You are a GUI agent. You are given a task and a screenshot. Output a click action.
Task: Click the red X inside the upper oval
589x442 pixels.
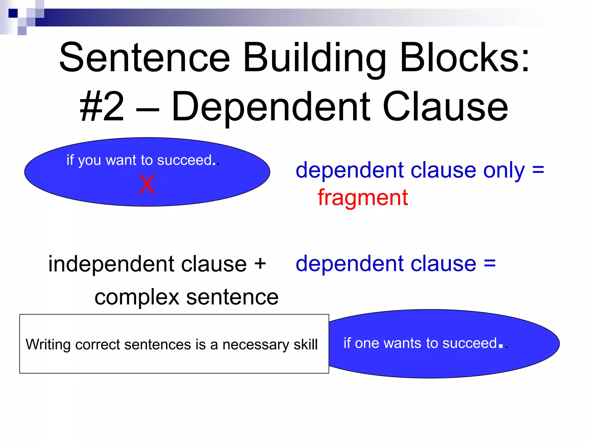click(147, 184)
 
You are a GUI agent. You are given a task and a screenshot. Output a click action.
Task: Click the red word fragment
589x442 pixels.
click(363, 198)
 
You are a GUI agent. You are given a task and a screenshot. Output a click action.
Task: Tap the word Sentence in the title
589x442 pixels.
click(145, 57)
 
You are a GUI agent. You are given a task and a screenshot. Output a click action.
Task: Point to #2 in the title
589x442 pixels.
click(102, 106)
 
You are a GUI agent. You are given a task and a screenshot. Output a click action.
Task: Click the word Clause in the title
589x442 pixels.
click(445, 106)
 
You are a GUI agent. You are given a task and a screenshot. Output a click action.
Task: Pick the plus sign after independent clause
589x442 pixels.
click(260, 263)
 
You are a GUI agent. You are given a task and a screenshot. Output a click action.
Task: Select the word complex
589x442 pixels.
click(137, 297)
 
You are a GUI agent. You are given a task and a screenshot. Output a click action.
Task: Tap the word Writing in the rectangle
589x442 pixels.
click(48, 344)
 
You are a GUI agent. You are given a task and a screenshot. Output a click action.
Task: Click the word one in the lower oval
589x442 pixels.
click(367, 343)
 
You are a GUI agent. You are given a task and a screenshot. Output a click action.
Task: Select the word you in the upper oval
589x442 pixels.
click(89, 161)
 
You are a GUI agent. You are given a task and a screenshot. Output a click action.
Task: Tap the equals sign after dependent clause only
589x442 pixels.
click(538, 170)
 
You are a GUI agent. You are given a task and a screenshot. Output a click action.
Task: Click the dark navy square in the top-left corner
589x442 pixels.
click(13, 13)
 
